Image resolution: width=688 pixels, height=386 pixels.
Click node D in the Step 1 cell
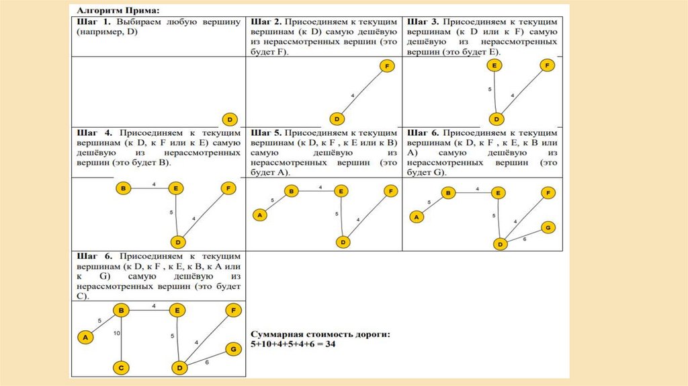(229, 119)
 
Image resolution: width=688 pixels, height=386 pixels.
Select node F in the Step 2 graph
(387, 66)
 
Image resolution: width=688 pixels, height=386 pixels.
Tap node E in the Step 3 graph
(494, 65)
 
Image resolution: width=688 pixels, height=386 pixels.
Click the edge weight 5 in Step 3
(490, 89)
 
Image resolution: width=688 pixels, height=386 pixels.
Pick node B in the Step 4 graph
(122, 188)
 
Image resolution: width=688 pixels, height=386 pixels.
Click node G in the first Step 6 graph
(548, 228)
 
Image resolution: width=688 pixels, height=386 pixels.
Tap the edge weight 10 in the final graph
(117, 334)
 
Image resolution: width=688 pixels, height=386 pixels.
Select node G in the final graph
(233, 349)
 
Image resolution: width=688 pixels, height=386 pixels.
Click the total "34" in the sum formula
(329, 344)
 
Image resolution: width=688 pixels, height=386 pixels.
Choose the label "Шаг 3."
(421, 22)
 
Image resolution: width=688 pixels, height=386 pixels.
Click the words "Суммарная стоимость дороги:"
(320, 334)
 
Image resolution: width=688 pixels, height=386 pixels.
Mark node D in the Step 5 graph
(343, 242)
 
